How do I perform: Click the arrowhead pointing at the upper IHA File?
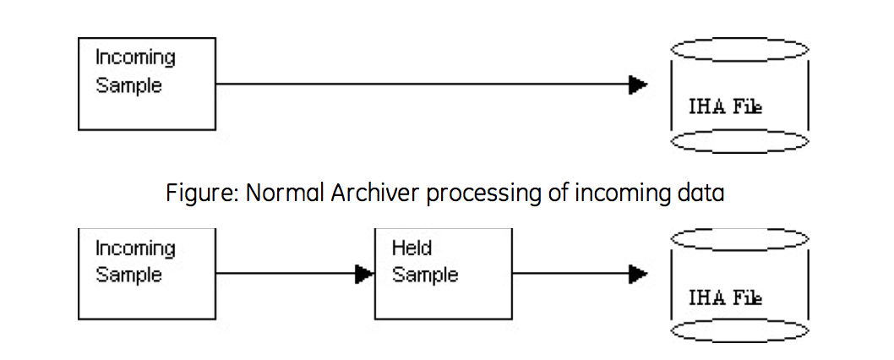pyautogui.click(x=638, y=85)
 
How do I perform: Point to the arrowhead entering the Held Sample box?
pyautogui.click(x=364, y=274)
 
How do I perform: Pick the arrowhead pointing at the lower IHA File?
pyautogui.click(x=638, y=274)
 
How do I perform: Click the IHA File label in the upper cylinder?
pyautogui.click(x=725, y=106)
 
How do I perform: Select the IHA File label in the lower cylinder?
pyautogui.click(x=725, y=297)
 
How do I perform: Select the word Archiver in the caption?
pyautogui.click(x=376, y=193)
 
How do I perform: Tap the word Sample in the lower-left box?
pyautogui.click(x=128, y=275)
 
